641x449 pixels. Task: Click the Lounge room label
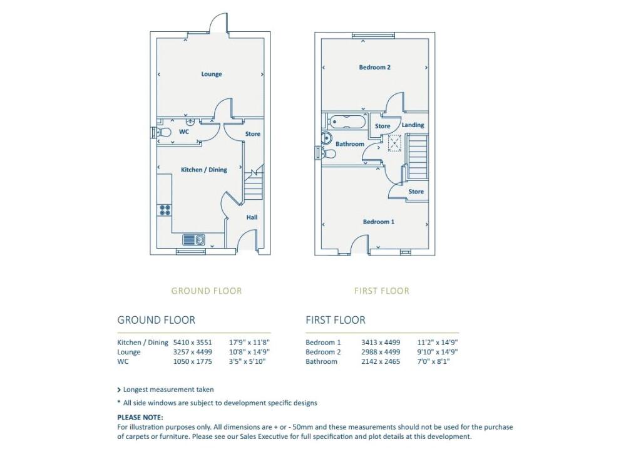[x=212, y=74]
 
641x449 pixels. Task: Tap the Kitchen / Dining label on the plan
[x=203, y=170]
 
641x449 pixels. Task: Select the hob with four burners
[x=165, y=210]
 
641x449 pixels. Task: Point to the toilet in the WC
[x=163, y=133]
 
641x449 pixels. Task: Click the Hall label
[x=252, y=217]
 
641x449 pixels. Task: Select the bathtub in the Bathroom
[x=349, y=121]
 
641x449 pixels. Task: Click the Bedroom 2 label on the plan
[x=374, y=67]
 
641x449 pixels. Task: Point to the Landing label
[x=413, y=125]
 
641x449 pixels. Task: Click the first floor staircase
[x=418, y=157]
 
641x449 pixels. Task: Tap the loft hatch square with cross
[x=394, y=143]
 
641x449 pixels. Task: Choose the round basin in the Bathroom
[x=327, y=137]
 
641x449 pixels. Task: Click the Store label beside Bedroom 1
[x=416, y=192]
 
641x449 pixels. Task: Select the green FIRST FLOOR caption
[x=381, y=291]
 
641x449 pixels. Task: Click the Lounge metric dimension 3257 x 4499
[x=193, y=352]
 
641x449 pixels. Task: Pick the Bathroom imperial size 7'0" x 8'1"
[x=433, y=361]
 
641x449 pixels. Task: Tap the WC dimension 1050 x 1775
[x=193, y=361]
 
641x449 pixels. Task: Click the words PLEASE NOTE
[x=140, y=418]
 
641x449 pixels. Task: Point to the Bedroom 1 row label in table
[x=323, y=343]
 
